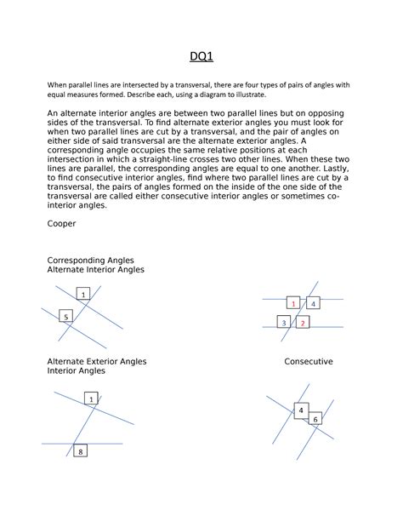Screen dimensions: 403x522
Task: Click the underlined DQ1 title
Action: (x=201, y=56)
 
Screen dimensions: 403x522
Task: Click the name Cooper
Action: (x=61, y=224)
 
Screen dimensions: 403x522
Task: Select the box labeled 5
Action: (x=65, y=316)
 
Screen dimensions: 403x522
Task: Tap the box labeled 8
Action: (x=80, y=450)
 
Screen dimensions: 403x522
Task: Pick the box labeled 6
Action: (x=315, y=418)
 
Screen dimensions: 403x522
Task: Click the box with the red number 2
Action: (x=303, y=322)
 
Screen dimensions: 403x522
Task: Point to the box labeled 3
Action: (x=284, y=322)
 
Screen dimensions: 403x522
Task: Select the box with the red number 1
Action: (x=293, y=302)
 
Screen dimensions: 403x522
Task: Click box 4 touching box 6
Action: (x=301, y=410)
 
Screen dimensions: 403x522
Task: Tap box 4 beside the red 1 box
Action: (x=313, y=302)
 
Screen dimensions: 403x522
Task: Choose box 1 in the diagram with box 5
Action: (x=83, y=294)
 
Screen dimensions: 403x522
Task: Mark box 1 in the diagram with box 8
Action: (x=91, y=399)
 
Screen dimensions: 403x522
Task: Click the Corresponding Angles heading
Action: (x=90, y=261)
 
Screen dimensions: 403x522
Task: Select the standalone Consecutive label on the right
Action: (x=309, y=362)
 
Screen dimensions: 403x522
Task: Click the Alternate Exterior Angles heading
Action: (x=97, y=362)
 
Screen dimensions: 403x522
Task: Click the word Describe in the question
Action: (x=139, y=95)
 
